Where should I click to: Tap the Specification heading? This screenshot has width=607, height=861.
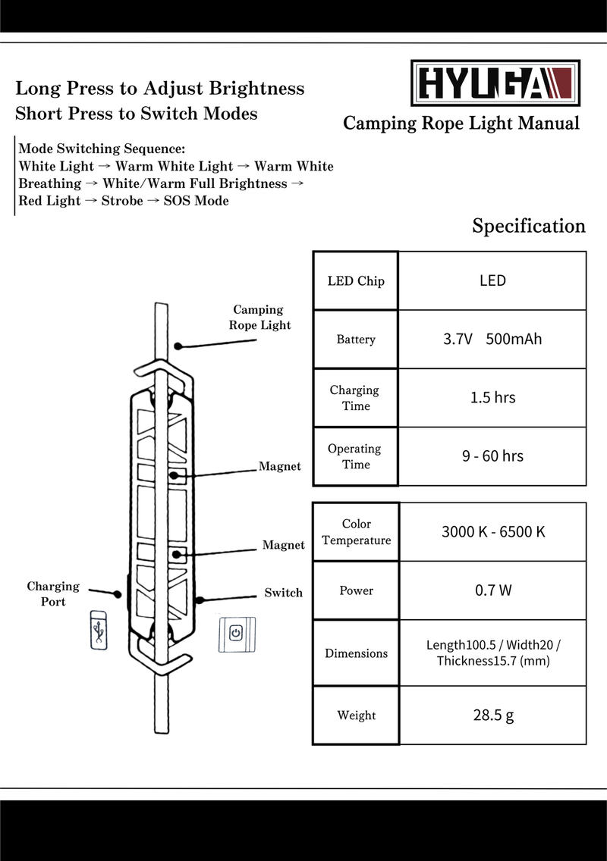pos(529,226)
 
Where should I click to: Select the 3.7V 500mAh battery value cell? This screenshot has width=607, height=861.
pos(492,339)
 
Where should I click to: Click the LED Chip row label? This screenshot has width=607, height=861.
pos(356,281)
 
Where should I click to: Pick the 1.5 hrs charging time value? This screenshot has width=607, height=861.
pos(492,397)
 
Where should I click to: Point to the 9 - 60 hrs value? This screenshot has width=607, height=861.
pos(492,456)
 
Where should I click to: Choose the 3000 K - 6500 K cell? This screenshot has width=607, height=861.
pos(492,531)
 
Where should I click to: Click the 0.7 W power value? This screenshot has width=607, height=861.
pos(492,590)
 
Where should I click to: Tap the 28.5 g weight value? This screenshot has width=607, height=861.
pos(492,715)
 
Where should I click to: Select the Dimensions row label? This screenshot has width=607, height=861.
pos(356,653)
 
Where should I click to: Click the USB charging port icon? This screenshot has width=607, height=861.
pos(99,629)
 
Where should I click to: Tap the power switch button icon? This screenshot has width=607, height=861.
pos(236,634)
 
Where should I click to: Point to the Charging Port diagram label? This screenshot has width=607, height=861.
pos(53,593)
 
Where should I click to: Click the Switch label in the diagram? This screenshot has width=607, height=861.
pos(283,593)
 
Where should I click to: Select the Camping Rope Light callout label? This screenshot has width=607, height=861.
pos(259,317)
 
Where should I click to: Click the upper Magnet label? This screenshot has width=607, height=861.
pos(279,466)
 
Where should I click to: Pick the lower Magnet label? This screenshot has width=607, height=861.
pos(283,545)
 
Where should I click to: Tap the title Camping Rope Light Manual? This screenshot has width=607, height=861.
pos(461,124)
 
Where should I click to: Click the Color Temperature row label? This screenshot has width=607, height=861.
pos(356,532)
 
